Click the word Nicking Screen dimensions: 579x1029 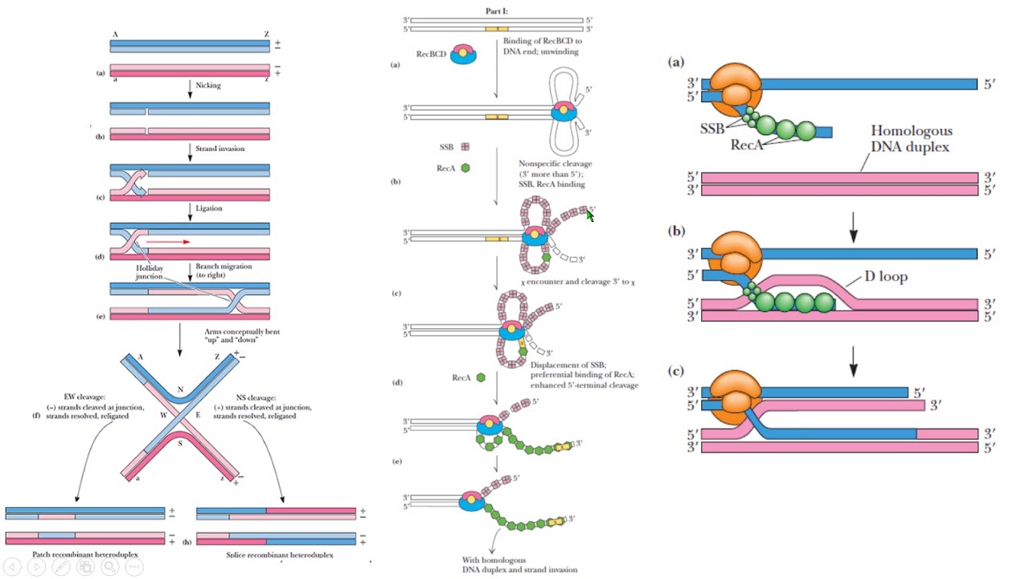pos(208,85)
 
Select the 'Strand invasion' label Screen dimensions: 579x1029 pos(219,148)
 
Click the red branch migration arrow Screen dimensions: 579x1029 pos(169,240)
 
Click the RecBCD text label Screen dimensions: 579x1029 pos(432,54)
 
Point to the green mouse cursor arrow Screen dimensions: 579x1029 pos(591,215)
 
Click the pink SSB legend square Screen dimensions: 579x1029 pos(465,147)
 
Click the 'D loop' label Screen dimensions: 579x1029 pos(886,277)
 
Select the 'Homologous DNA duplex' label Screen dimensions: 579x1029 pos(912,138)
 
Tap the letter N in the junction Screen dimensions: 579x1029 pos(181,390)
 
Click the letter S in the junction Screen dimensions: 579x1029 pos(180,441)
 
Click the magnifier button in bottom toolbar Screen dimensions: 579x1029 pos(109,567)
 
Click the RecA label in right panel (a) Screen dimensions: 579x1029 pos(747,146)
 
